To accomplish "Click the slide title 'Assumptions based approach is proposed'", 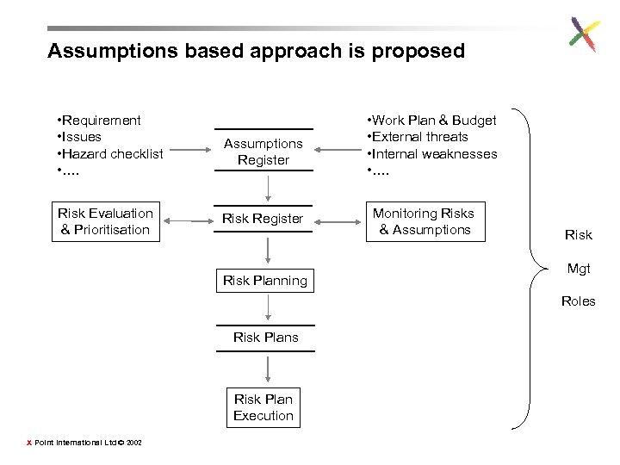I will pyautogui.click(x=256, y=51).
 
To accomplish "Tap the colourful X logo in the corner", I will pyautogui.click(x=584, y=34).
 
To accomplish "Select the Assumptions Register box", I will pyautogui.click(x=263, y=152).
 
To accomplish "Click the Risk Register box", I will pyautogui.click(x=263, y=219).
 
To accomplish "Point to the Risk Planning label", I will pyautogui.click(x=265, y=280).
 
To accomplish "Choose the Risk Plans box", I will pyautogui.click(x=266, y=338).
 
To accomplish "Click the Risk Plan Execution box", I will pyautogui.click(x=263, y=407).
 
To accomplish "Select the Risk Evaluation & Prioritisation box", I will pyautogui.click(x=106, y=221).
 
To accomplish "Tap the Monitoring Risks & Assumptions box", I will pyautogui.click(x=424, y=221).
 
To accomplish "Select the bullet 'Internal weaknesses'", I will pyautogui.click(x=432, y=153).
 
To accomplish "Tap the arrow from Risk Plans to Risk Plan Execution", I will pyautogui.click(x=270, y=368).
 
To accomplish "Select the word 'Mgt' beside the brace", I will pyautogui.click(x=579, y=269).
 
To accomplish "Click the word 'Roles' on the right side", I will pyautogui.click(x=578, y=301).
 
